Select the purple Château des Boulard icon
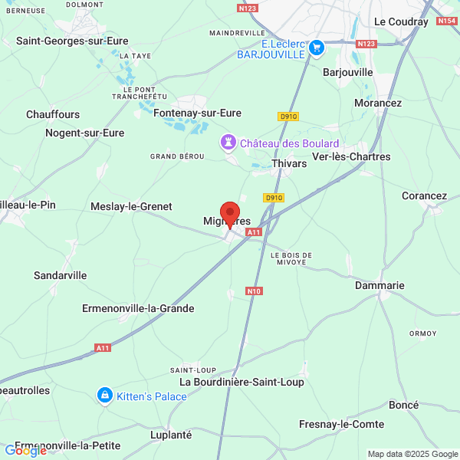pos(228,143)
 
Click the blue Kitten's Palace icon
pos(103,396)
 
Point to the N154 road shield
pos(447,21)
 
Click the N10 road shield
pos(255,291)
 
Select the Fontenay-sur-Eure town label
pos(197,113)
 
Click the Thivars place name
pos(289,163)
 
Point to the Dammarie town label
pos(379,285)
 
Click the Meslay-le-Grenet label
pos(131,206)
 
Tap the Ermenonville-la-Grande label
pos(138,308)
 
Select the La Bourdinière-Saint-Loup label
pos(242,382)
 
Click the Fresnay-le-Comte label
pos(341,424)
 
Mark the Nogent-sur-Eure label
pos(84,133)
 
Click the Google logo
pos(25,451)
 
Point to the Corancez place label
pos(424,195)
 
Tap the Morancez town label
pos(378,103)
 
